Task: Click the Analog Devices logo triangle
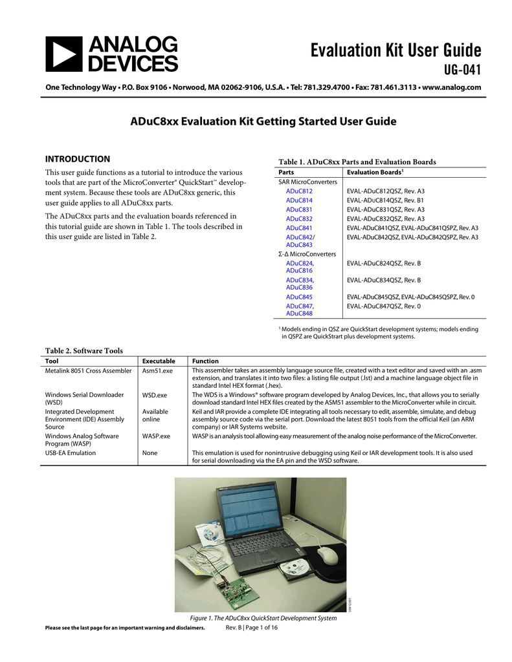point(63,54)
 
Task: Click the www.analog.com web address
point(451,87)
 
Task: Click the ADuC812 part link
point(299,191)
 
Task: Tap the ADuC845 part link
point(299,297)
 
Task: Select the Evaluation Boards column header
point(375,173)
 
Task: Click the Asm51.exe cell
point(157,371)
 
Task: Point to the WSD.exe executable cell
point(155,394)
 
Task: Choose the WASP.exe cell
point(156,436)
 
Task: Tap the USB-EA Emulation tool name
point(70,453)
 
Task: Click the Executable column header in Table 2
point(159,361)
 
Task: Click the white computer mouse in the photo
point(328,554)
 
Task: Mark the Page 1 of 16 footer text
point(251,628)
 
